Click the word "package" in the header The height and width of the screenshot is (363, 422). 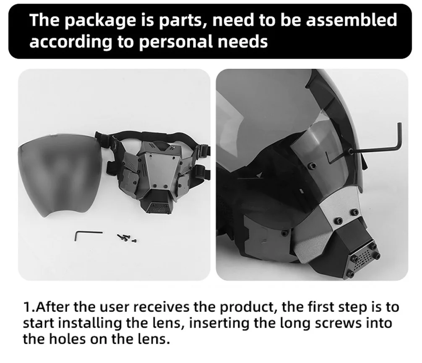[100, 21]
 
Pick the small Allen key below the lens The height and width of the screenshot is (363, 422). [88, 235]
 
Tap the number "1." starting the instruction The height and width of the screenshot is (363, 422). [29, 307]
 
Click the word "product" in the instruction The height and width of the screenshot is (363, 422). [249, 308]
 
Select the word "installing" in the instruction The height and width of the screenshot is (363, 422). [90, 323]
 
